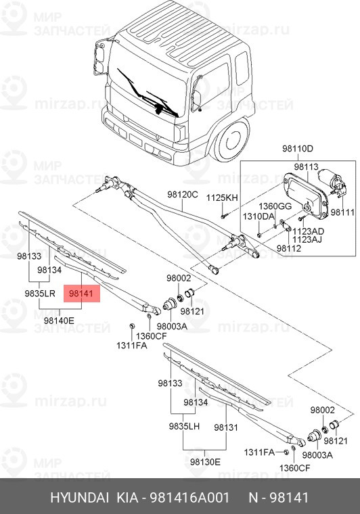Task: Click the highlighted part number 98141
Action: [82, 294]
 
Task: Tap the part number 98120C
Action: [183, 195]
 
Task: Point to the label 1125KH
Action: [223, 197]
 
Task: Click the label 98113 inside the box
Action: [306, 166]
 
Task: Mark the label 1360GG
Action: [277, 206]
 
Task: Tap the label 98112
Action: [288, 248]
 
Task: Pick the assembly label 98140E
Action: [63, 321]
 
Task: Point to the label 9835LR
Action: [39, 294]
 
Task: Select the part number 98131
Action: [226, 427]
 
